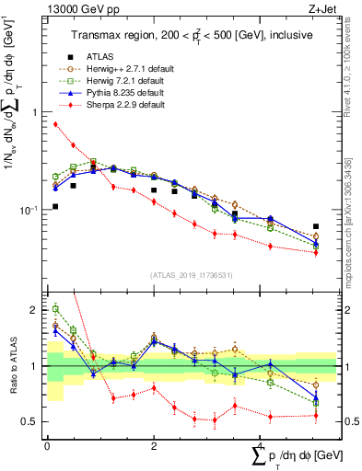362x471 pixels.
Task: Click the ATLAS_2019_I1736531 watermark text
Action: [x=194, y=276]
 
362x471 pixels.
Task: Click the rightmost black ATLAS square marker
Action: [x=316, y=226]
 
